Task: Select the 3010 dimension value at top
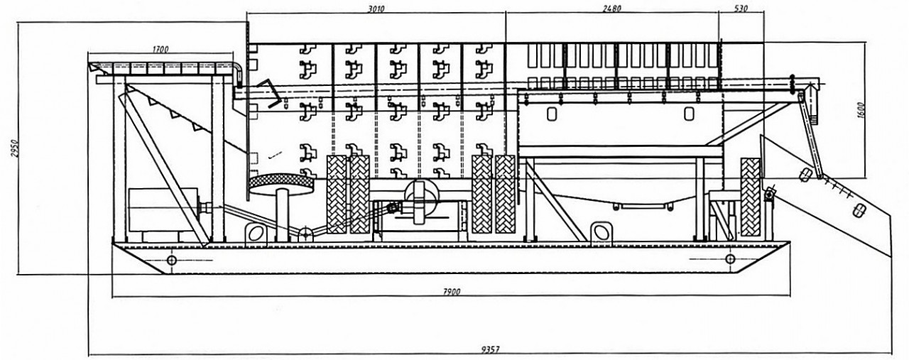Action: click(376, 9)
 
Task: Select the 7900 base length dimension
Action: click(450, 291)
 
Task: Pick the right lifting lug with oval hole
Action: click(601, 231)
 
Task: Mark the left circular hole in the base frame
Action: click(171, 260)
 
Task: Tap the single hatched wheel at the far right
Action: click(751, 197)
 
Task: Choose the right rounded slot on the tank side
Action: click(687, 114)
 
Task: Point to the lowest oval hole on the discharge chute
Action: click(859, 209)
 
